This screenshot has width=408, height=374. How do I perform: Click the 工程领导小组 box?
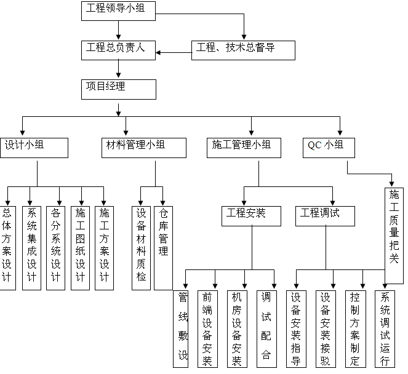click(118, 10)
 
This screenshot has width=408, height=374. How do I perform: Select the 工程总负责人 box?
click(119, 49)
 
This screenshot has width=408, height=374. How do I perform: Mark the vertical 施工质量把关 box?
click(394, 226)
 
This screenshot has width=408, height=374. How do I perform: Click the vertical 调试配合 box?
click(266, 329)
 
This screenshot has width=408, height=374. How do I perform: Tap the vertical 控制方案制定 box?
click(355, 329)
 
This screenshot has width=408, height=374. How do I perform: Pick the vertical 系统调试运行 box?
click(385, 329)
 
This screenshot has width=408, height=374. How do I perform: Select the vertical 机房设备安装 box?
click(236, 329)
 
